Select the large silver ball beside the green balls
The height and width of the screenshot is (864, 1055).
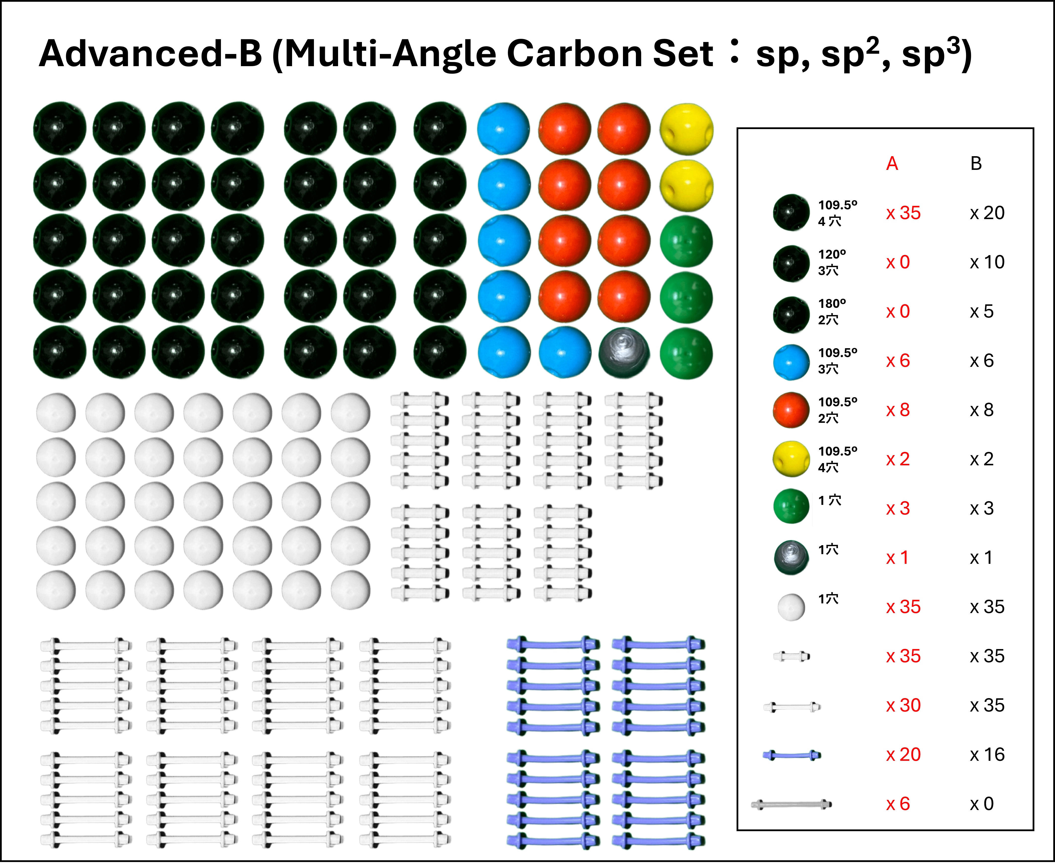(x=624, y=353)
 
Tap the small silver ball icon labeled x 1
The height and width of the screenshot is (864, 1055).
(x=791, y=557)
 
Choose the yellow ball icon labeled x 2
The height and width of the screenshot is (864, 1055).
(x=791, y=459)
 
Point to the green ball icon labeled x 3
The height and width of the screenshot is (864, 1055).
(x=791, y=506)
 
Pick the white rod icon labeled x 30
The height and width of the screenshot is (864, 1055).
(x=792, y=707)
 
